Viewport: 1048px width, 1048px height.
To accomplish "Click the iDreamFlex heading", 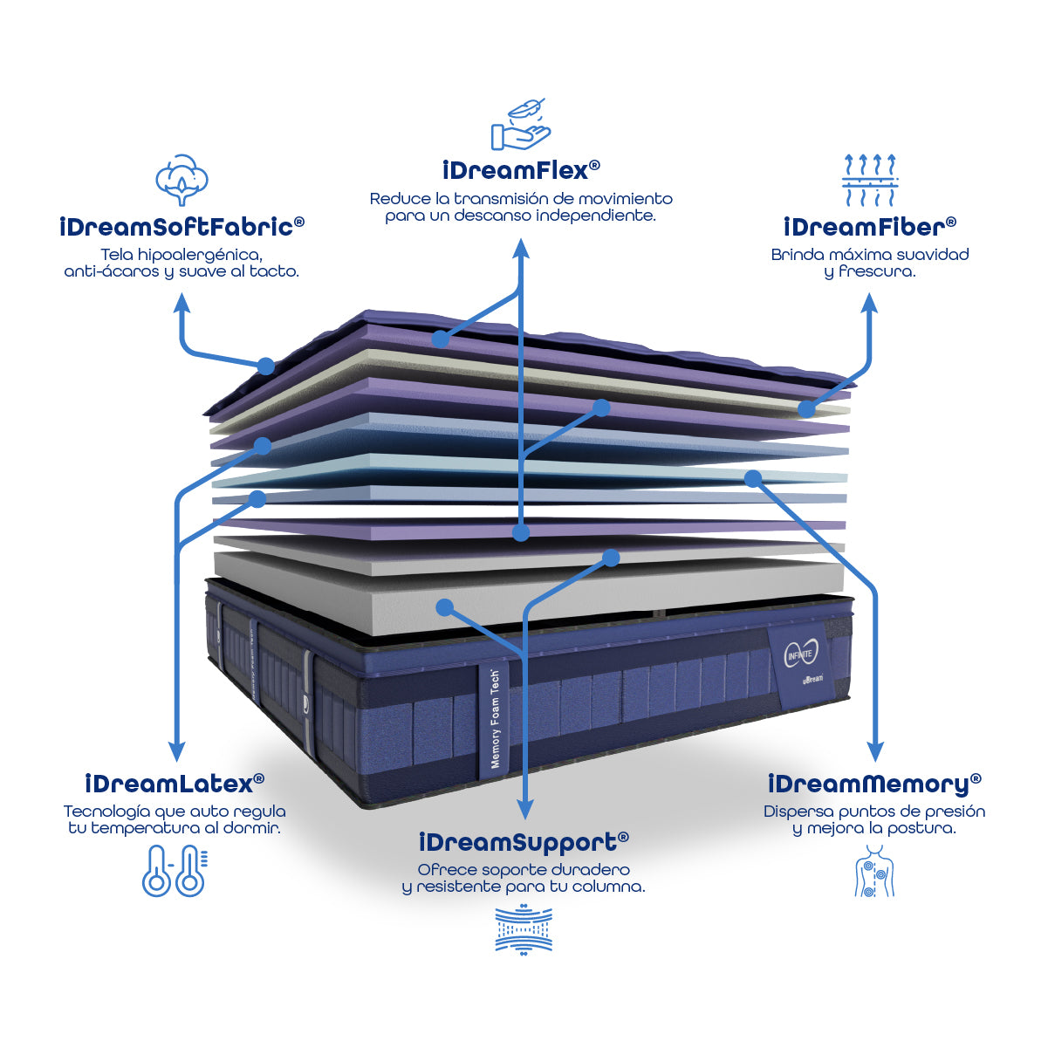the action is (x=521, y=170).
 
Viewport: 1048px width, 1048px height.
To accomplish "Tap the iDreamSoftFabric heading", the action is (x=182, y=226).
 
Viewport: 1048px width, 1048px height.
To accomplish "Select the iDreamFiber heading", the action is (x=870, y=226).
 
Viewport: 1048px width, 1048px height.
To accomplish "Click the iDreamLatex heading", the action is (x=175, y=784).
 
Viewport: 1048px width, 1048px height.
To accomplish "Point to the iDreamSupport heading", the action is (x=524, y=842).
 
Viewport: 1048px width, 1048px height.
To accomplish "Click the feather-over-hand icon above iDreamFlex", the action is (x=520, y=125).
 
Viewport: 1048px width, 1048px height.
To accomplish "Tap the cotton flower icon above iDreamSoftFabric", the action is (x=182, y=180).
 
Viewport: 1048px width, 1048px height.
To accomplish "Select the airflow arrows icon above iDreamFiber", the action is (x=870, y=180).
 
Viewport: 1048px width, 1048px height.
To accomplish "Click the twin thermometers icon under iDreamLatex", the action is (x=175, y=871).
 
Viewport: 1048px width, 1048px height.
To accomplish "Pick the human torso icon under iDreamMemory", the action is (x=874, y=871).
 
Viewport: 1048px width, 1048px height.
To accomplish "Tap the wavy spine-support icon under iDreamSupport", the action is (x=524, y=930).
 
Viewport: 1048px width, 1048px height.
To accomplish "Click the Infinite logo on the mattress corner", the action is (x=801, y=654).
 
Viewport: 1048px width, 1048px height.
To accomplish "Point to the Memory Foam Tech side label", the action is (x=495, y=718).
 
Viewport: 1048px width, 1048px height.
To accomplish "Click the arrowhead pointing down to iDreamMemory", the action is (x=874, y=752).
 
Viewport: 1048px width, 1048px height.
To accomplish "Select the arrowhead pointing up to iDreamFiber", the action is (x=870, y=303).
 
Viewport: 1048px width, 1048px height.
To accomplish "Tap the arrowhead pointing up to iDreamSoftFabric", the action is (x=182, y=303).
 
